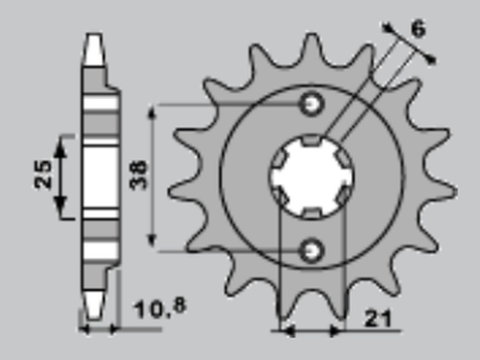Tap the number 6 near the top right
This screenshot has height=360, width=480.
point(419,29)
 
